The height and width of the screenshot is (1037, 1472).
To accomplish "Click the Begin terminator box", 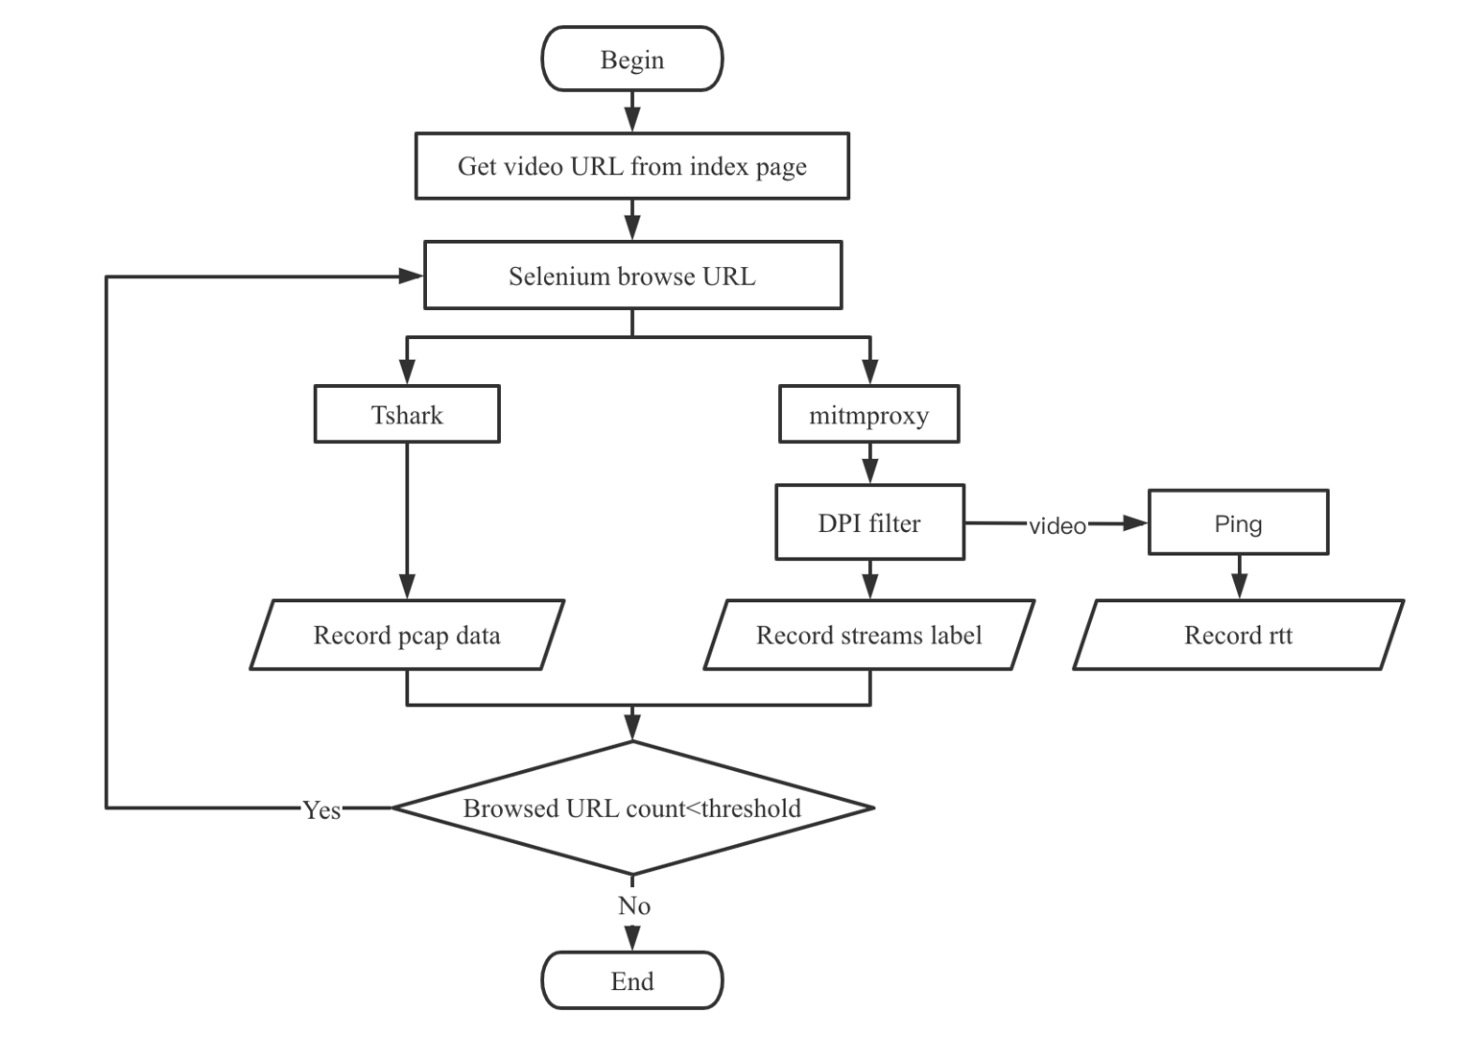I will [x=631, y=60].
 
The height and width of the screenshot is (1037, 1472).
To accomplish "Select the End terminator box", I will [x=631, y=980].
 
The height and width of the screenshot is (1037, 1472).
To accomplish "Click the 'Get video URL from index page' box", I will [x=631, y=166].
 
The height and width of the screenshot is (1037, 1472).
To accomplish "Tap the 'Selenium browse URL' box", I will [x=632, y=276].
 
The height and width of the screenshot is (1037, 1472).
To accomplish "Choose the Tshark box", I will [x=407, y=415].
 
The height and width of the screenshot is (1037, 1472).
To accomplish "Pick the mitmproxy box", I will [x=868, y=415].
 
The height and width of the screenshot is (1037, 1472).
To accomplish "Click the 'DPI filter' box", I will [x=869, y=523].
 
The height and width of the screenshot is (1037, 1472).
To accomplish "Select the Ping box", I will [x=1238, y=523].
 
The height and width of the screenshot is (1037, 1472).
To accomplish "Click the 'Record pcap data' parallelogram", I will [x=407, y=635].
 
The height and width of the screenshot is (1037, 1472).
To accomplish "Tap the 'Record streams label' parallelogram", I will [x=869, y=635].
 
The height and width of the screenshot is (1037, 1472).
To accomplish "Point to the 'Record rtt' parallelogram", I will [x=1238, y=635].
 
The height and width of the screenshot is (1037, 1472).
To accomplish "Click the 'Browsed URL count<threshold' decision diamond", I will [x=632, y=808].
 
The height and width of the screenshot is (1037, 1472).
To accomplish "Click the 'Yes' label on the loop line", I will [x=321, y=809].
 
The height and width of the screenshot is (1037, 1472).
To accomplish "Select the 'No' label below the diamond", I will [x=633, y=905].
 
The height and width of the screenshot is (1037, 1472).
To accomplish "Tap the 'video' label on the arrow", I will [x=1057, y=525].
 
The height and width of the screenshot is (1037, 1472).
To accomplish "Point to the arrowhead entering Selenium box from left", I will [x=411, y=277].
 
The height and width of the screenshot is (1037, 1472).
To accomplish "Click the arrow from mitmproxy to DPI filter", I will [x=869, y=464].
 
